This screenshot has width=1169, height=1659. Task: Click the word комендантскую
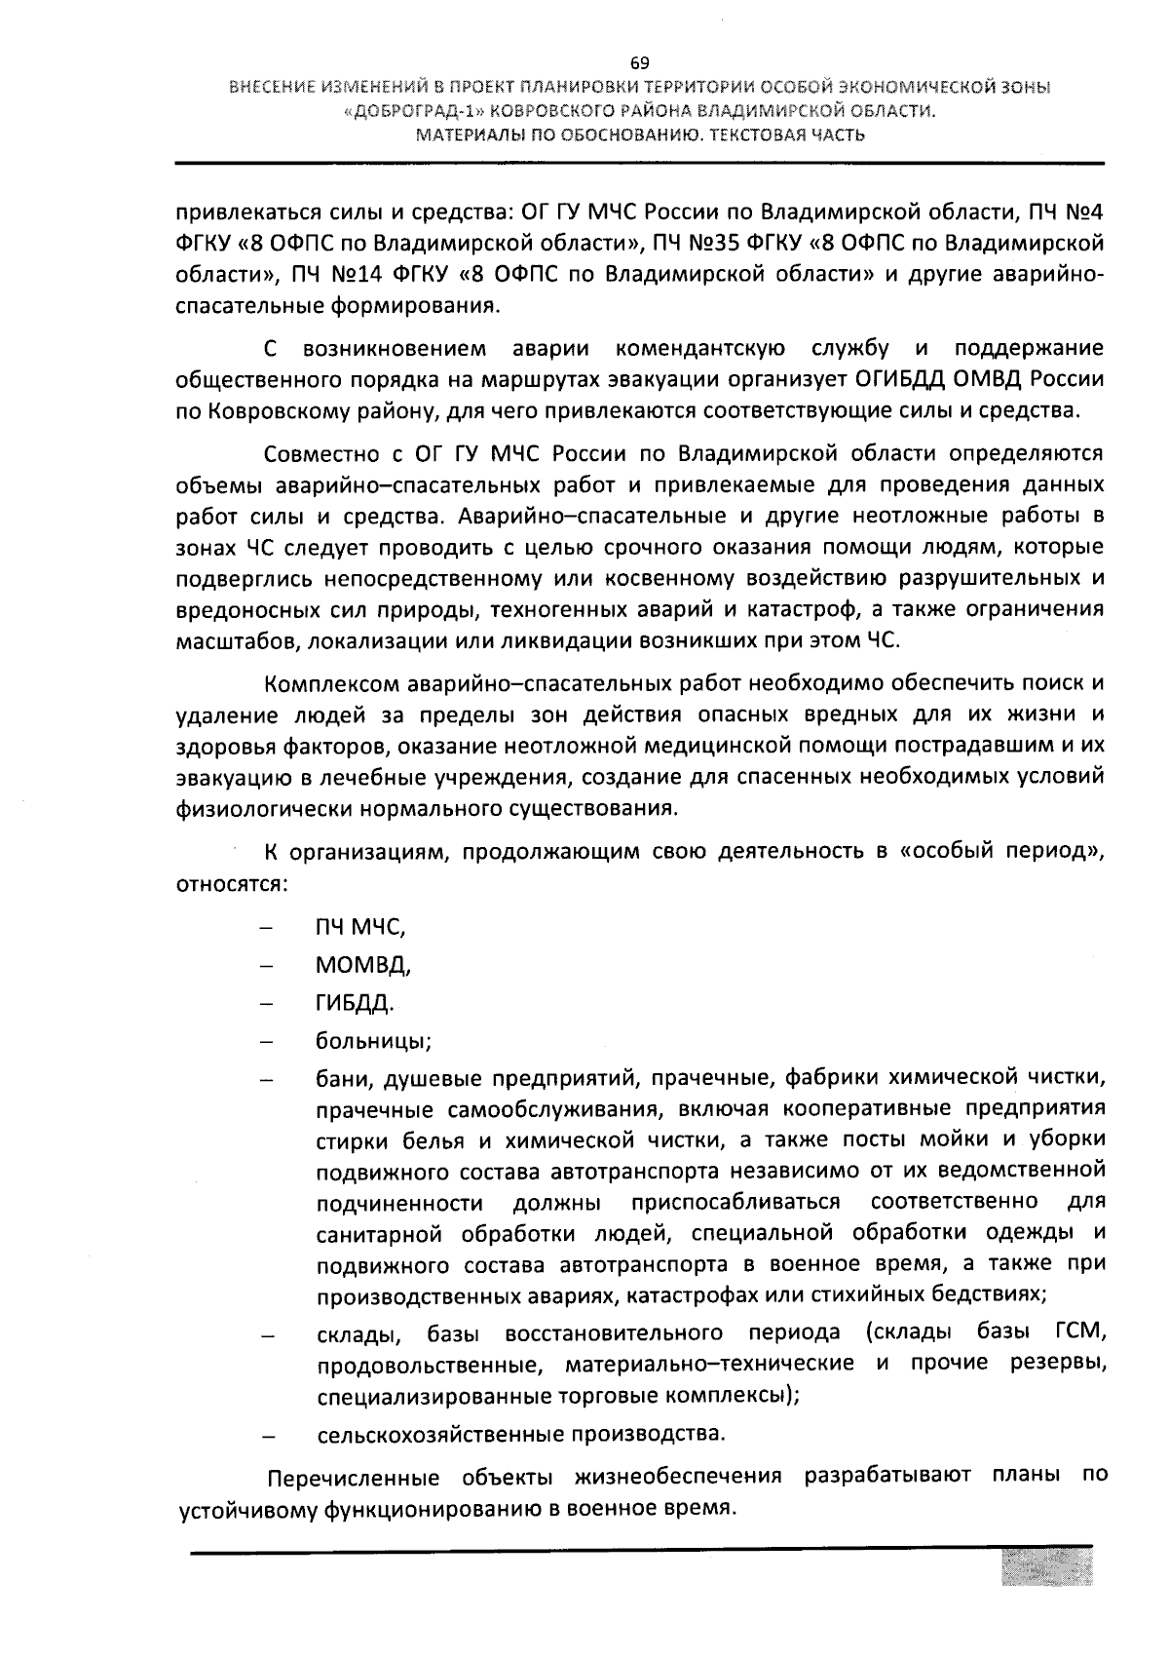click(x=700, y=348)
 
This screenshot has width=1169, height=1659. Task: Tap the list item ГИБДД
click(x=354, y=1002)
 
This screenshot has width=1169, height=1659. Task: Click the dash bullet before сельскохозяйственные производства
click(x=267, y=1437)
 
